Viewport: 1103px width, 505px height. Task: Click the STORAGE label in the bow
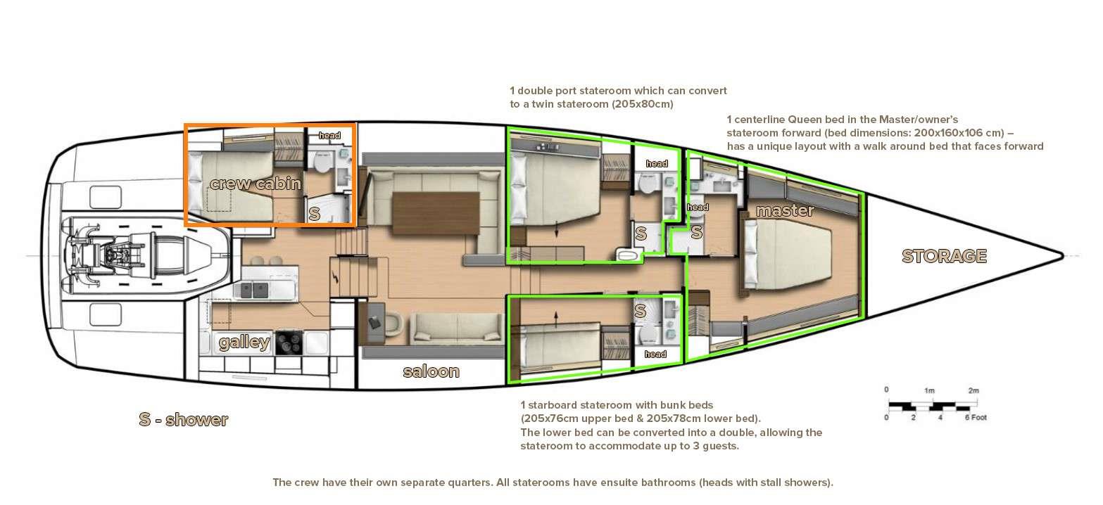click(944, 256)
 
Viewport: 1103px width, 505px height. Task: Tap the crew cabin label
click(255, 184)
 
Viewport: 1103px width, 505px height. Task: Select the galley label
click(244, 342)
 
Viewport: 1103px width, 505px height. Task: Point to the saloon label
click(431, 371)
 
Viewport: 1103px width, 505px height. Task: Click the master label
click(784, 211)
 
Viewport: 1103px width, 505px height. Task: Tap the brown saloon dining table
click(436, 213)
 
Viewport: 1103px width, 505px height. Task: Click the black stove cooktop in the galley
click(288, 343)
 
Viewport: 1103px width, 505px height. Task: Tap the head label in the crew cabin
click(329, 135)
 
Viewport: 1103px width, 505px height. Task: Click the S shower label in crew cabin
click(314, 214)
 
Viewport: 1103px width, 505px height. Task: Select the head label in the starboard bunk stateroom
click(655, 354)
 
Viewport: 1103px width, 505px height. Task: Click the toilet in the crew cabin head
click(322, 162)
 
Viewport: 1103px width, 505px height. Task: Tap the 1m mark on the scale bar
click(928, 391)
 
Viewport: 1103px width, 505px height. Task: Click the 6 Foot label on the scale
click(976, 417)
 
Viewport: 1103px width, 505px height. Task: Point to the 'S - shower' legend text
click(183, 419)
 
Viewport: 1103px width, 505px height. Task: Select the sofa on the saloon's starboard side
click(457, 328)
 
